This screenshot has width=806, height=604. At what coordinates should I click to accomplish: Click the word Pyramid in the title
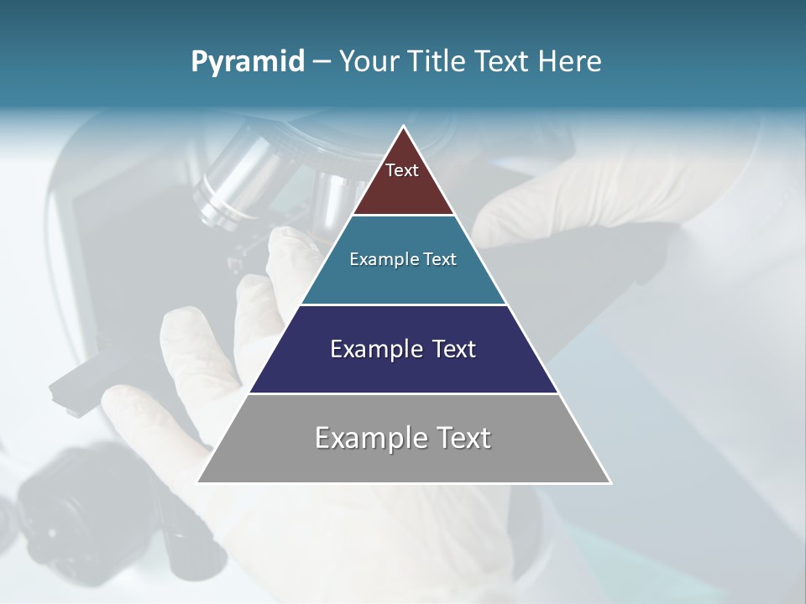tap(248, 62)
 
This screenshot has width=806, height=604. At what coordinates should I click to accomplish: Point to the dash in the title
tap(322, 62)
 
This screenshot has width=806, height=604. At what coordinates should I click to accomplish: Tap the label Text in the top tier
tap(402, 170)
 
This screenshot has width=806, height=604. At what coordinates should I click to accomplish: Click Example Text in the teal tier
tap(403, 259)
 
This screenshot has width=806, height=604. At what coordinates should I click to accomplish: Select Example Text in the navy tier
tap(403, 349)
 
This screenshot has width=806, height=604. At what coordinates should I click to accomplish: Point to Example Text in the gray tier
tap(403, 438)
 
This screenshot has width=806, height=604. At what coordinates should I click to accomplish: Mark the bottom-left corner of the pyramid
tap(198, 482)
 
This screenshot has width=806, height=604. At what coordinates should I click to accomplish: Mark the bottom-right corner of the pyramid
tap(610, 482)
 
